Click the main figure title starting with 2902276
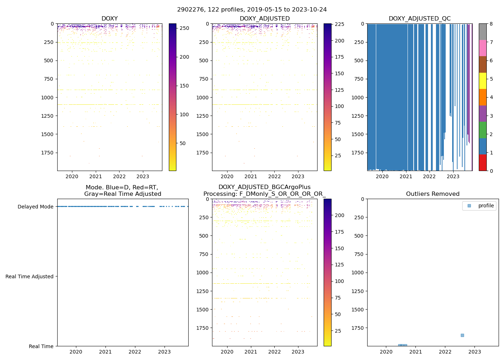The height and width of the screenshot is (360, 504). coord(252,10)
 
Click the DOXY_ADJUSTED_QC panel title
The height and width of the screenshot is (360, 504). coord(419,19)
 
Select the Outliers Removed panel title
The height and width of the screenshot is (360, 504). coord(432,194)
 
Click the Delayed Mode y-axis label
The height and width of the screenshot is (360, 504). coord(35,207)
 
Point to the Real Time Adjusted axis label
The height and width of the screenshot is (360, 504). coord(29,276)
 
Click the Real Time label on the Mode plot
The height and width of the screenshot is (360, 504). coord(41,346)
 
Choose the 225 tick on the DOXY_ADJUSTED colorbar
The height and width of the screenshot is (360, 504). coord(339,24)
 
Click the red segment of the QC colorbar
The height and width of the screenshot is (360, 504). coord(482,162)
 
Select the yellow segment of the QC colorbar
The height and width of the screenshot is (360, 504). coord(482,81)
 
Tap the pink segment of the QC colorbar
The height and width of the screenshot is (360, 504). coord(482,48)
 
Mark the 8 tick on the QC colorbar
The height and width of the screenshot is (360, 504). coord(491,24)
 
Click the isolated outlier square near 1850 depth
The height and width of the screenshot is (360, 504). coord(462,335)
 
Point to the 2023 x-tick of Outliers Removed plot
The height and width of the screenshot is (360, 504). coord(474,352)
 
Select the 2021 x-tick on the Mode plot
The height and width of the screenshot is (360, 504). coord(105,352)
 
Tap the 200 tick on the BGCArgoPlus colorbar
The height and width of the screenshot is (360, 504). coord(339,215)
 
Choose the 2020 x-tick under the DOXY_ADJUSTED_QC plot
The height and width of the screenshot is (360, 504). coord(382,176)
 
